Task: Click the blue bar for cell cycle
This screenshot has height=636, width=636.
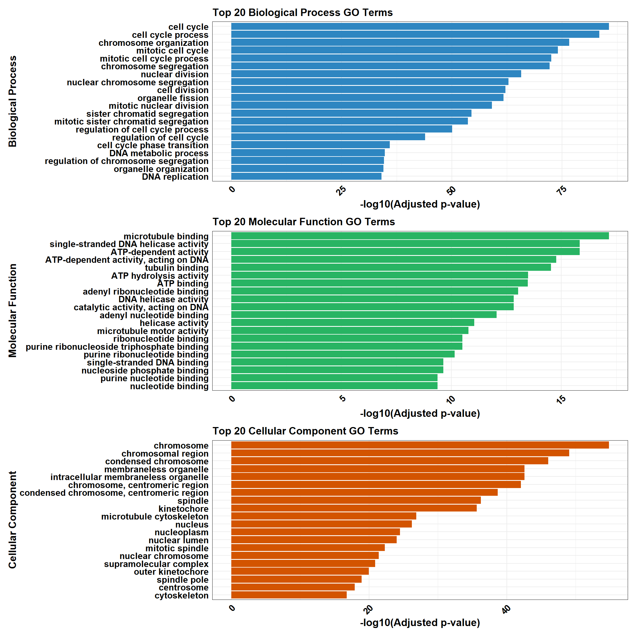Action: pyautogui.click(x=420, y=26)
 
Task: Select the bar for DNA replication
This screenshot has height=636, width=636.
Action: pyautogui.click(x=306, y=176)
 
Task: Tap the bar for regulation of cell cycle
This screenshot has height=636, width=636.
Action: pyautogui.click(x=328, y=137)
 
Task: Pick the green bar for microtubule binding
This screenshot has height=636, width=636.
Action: pyautogui.click(x=420, y=236)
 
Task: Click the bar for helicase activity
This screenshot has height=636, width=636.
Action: pyautogui.click(x=353, y=323)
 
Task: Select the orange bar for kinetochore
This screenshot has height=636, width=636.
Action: pyautogui.click(x=354, y=508)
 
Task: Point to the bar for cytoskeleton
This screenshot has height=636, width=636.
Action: pyautogui.click(x=289, y=595)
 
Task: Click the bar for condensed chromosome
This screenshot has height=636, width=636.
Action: pyautogui.click(x=389, y=461)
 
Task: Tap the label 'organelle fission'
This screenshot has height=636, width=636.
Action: pyautogui.click(x=173, y=98)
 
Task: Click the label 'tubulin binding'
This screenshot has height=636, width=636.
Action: pyautogui.click(x=176, y=268)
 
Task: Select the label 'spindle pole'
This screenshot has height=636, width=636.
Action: pyautogui.click(x=182, y=580)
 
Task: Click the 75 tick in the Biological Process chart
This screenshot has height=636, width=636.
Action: pyautogui.click(x=562, y=190)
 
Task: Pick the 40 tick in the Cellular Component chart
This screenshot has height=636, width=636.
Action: pyautogui.click(x=507, y=609)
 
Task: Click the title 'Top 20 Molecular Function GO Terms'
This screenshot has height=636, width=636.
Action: pyautogui.click(x=304, y=222)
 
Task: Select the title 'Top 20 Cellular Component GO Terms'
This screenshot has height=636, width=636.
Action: pyautogui.click(x=305, y=431)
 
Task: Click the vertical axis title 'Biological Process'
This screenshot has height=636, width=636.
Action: pyautogui.click(x=12, y=101)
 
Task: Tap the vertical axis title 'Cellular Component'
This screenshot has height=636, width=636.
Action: pyautogui.click(x=12, y=520)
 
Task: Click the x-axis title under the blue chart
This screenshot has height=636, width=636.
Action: pyautogui.click(x=420, y=204)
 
